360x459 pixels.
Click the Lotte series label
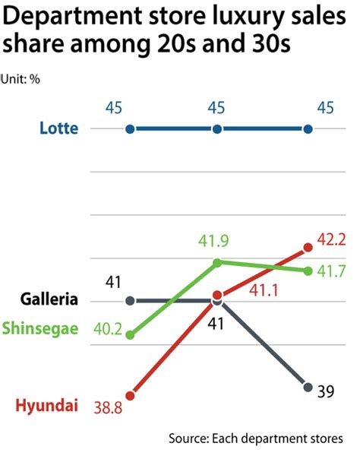click(58, 128)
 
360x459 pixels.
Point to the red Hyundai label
click(47, 407)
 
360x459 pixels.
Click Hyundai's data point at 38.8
click(130, 395)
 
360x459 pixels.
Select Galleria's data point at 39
click(308, 387)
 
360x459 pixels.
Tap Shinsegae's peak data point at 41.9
click(218, 262)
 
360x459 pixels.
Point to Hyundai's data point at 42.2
click(308, 246)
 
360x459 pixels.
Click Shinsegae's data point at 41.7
click(308, 271)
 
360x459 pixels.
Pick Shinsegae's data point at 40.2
click(130, 334)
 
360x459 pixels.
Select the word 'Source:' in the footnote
click(189, 438)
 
